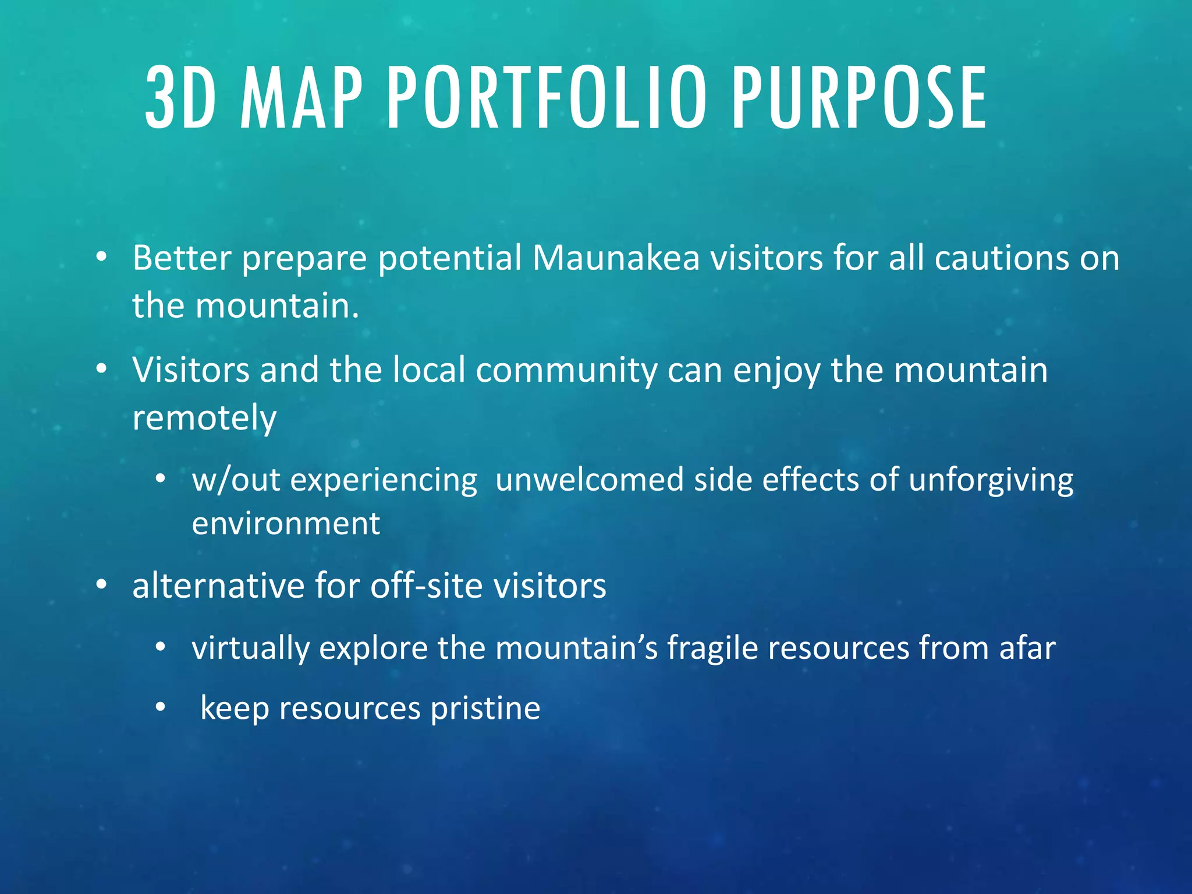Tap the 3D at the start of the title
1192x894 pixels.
[x=180, y=98]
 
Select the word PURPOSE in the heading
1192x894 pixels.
[x=859, y=98]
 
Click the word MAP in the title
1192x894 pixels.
[x=301, y=98]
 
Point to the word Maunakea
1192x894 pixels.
[x=615, y=258]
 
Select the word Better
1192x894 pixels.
[x=182, y=258]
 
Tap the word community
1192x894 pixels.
[x=566, y=371]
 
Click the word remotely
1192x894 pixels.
[x=204, y=418]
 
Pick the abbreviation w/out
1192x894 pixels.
[x=236, y=481]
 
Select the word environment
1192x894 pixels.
[x=286, y=524]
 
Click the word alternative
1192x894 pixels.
[x=218, y=586]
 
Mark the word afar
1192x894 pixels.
[x=1027, y=648]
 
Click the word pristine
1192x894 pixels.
[x=485, y=709]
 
